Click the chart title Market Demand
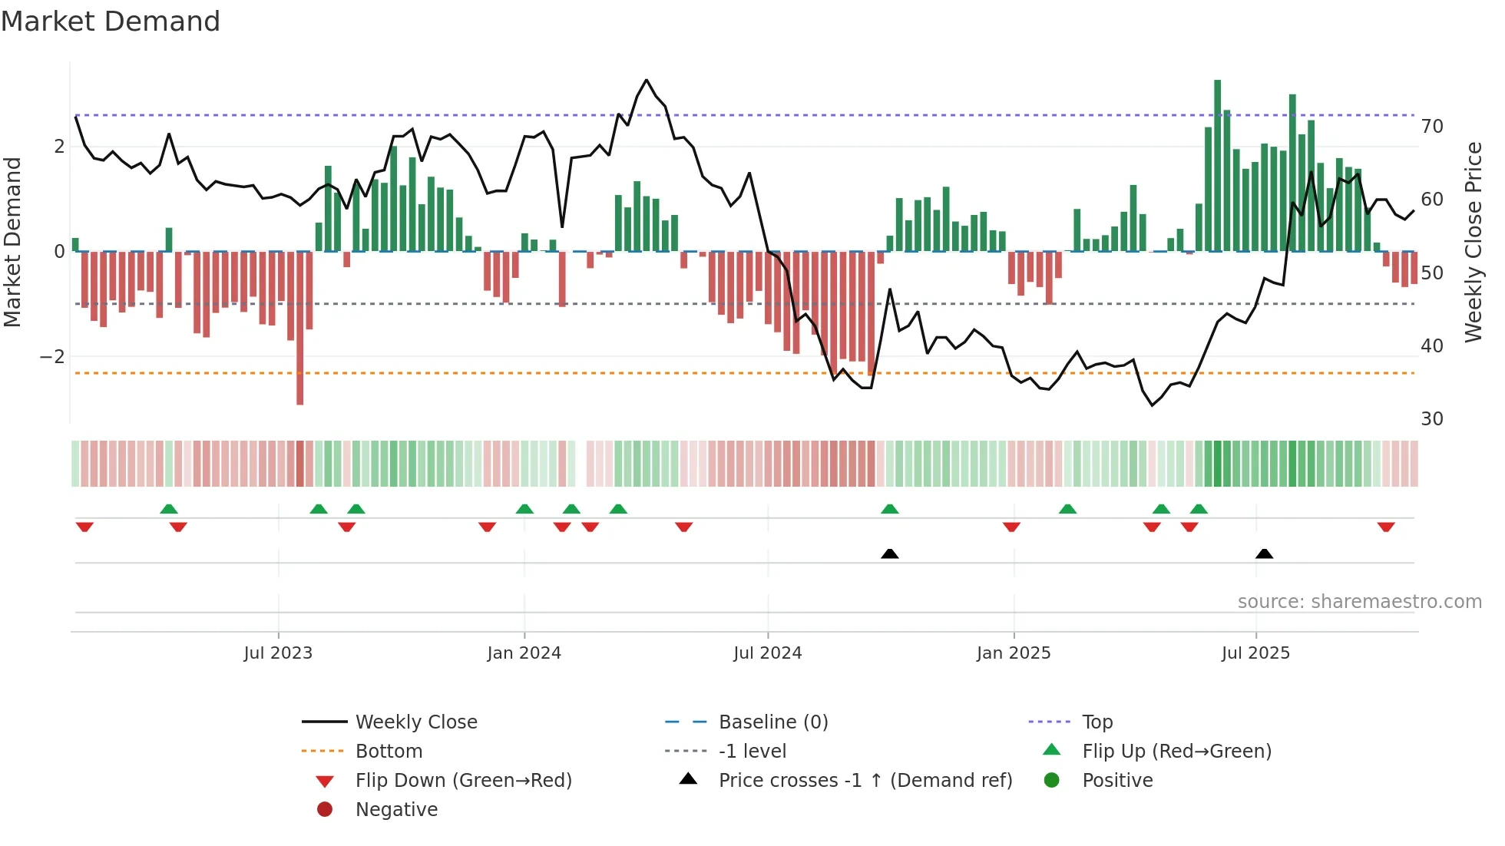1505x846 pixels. pos(111,21)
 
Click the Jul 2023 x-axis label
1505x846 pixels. pos(278,653)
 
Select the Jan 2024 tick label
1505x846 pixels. pos(524,653)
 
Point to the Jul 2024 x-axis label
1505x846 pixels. pos(767,653)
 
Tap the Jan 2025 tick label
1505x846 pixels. pos(1013,653)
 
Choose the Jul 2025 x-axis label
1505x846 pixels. pos(1255,653)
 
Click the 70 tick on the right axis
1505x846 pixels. pos(1432,127)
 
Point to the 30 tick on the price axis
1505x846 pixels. pos(1432,419)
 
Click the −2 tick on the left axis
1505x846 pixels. pos(52,357)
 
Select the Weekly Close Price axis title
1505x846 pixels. pos(1473,242)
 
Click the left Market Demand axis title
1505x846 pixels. pos(13,242)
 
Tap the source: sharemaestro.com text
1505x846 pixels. pos(1359,602)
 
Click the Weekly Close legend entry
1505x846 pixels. pos(415,722)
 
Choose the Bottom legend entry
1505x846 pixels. pos(389,752)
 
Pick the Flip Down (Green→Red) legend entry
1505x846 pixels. pos(463,781)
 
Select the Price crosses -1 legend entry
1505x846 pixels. pos(865,781)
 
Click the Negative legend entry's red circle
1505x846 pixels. pos(325,810)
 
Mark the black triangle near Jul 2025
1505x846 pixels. pos(1264,554)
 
